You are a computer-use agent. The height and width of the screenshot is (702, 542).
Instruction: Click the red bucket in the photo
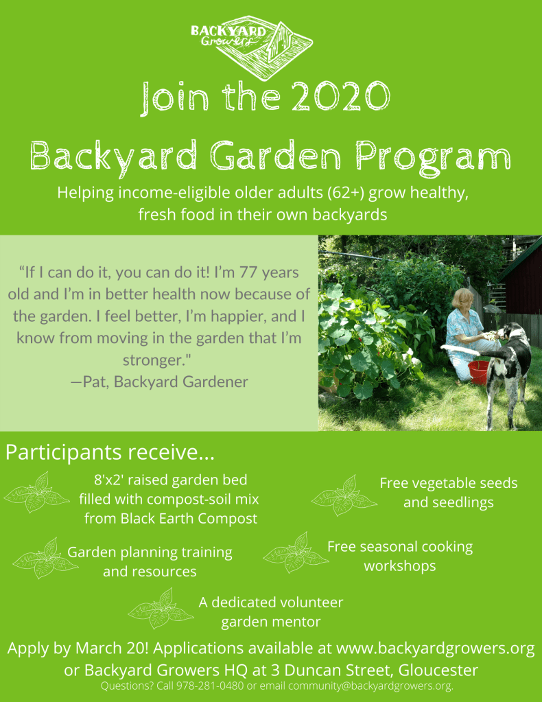(x=478, y=371)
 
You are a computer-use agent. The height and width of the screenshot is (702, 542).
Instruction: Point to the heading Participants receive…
(x=110, y=453)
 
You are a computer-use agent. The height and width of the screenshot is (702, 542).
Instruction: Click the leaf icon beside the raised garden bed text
(x=36, y=493)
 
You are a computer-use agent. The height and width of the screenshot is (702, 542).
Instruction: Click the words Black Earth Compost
(x=171, y=519)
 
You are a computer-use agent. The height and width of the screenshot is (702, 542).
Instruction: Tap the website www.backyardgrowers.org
(x=436, y=648)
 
